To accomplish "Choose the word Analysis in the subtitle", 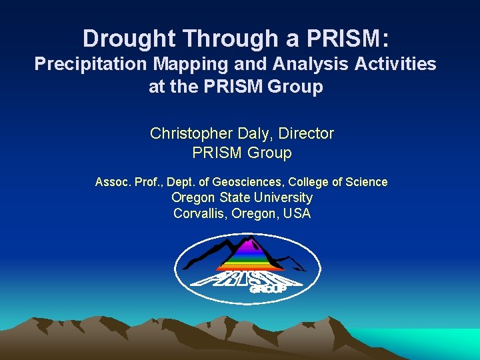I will point(285,64).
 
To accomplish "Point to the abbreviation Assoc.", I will point(111,182).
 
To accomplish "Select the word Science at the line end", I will point(366,182).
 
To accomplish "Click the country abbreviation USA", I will point(297,214).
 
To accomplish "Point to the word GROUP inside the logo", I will point(267,289).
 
